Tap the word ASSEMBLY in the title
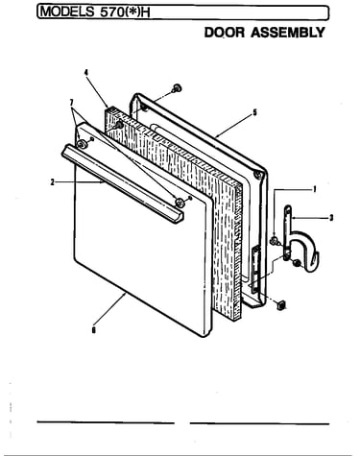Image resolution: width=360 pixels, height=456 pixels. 288,33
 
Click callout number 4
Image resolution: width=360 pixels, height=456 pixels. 86,72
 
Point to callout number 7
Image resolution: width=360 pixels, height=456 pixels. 71,103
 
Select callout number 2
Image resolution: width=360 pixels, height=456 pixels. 52,182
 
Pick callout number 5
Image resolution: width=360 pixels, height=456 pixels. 254,112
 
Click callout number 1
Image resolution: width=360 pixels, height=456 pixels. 315,189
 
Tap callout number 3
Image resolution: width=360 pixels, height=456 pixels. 331,218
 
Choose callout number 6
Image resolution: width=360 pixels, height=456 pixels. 93,330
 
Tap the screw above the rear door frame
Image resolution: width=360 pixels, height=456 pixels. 177,88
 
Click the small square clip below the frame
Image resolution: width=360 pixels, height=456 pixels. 280,305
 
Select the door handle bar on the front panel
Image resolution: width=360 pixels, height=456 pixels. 123,183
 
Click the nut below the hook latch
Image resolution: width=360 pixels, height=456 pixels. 297,263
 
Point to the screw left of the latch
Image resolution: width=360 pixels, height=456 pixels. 275,240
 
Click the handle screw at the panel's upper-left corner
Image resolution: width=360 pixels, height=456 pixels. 82,144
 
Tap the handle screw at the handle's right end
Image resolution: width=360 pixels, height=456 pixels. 180,202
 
